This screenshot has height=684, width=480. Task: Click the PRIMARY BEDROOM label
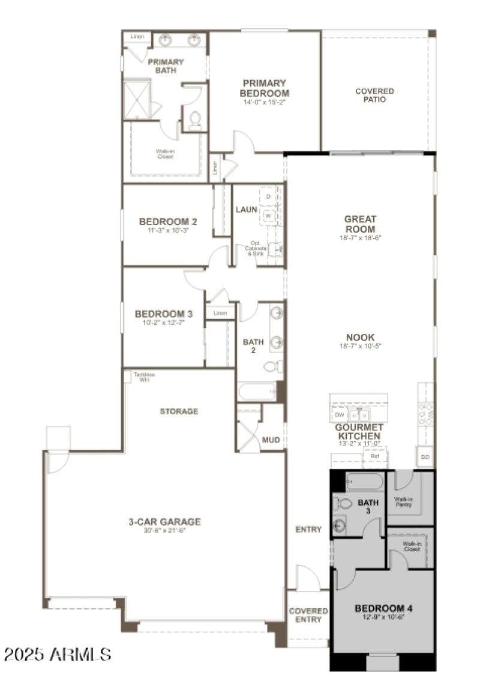pos(264,88)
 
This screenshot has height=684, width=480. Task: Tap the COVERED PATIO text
pos(374,95)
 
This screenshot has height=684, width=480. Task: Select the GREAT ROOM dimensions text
pos(360,238)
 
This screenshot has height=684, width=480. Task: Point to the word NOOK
pos(360,337)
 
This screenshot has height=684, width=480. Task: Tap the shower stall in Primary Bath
pos(136,99)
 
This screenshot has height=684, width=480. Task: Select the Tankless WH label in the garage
pos(143,377)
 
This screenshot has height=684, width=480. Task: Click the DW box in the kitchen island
pos(339,415)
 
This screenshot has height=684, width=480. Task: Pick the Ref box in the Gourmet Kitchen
pos(375,456)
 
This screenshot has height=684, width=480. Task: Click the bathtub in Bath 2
pos(257,392)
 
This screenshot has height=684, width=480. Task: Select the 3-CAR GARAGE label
pos(164,522)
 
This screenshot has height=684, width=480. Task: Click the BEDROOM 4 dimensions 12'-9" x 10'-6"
pos(383,617)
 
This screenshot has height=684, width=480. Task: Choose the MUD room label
pos(271,440)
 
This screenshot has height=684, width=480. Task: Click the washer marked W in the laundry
pos(269,215)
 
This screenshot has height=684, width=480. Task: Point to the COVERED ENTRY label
pos(308,615)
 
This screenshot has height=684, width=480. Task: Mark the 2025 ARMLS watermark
pos(58,653)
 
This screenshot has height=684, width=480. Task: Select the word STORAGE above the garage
pos(179,411)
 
